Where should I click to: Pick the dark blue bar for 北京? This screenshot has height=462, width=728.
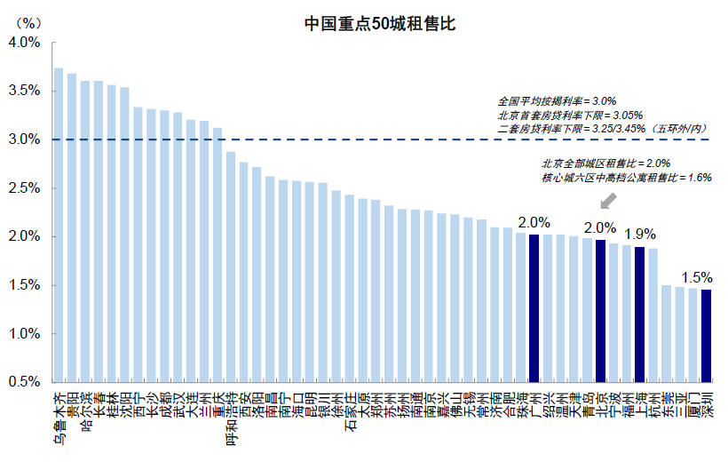pos(600,311)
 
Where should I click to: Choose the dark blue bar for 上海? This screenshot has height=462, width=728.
pos(639,315)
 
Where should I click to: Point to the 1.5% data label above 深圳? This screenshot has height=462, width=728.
pos(698,276)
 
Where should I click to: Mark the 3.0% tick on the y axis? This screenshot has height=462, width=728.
pos(24,139)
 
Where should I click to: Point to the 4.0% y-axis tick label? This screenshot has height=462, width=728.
pos(24,43)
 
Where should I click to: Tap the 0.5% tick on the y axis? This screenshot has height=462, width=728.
pos(24,382)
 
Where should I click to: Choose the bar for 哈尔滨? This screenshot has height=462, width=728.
pos(85,231)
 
